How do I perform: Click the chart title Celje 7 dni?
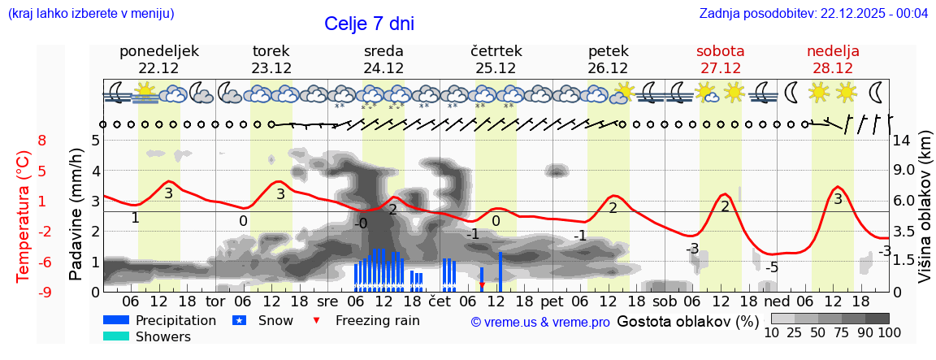click(x=369, y=24)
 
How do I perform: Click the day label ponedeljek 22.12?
click(x=158, y=59)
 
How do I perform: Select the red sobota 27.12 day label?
click(x=720, y=59)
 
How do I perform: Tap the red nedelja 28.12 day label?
click(x=833, y=59)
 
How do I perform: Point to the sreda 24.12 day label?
click(x=383, y=59)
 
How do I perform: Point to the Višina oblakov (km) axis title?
click(x=925, y=215)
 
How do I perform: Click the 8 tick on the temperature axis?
click(x=41, y=140)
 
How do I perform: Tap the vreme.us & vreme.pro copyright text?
click(x=539, y=322)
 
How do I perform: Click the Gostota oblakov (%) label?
click(x=687, y=320)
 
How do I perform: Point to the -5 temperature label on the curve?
click(x=773, y=267)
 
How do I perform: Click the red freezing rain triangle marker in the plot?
click(x=482, y=285)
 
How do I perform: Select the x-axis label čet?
click(x=439, y=300)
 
